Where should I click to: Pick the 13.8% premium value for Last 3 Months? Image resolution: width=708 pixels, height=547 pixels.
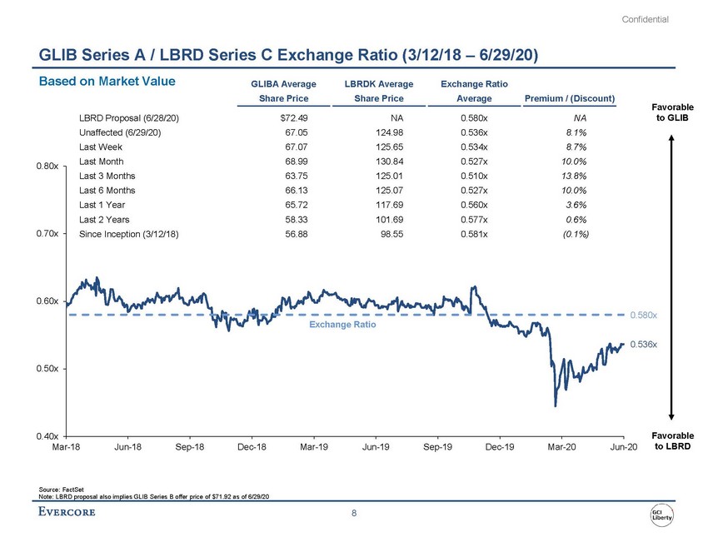[x=576, y=177]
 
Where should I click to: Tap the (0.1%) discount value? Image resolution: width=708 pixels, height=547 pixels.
[x=574, y=234]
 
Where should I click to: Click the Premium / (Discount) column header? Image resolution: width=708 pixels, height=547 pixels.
[x=571, y=99]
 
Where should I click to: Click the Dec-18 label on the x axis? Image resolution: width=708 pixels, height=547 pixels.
[x=252, y=449]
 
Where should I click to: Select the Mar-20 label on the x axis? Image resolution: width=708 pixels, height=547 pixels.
[x=561, y=449]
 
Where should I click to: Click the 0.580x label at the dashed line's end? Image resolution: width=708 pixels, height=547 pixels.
[x=643, y=316]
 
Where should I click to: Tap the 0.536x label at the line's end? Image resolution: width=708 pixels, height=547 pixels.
[x=643, y=344]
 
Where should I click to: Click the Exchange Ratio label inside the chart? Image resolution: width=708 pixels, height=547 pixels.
[x=342, y=325]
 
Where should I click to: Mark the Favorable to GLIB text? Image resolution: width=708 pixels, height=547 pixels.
[x=670, y=112]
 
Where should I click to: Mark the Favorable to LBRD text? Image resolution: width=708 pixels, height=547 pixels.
[x=670, y=441]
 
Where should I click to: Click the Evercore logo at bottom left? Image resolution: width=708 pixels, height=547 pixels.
[x=67, y=511]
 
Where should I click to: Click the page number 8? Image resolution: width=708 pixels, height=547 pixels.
[x=354, y=513]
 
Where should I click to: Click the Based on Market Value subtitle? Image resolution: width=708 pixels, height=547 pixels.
[x=101, y=81]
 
